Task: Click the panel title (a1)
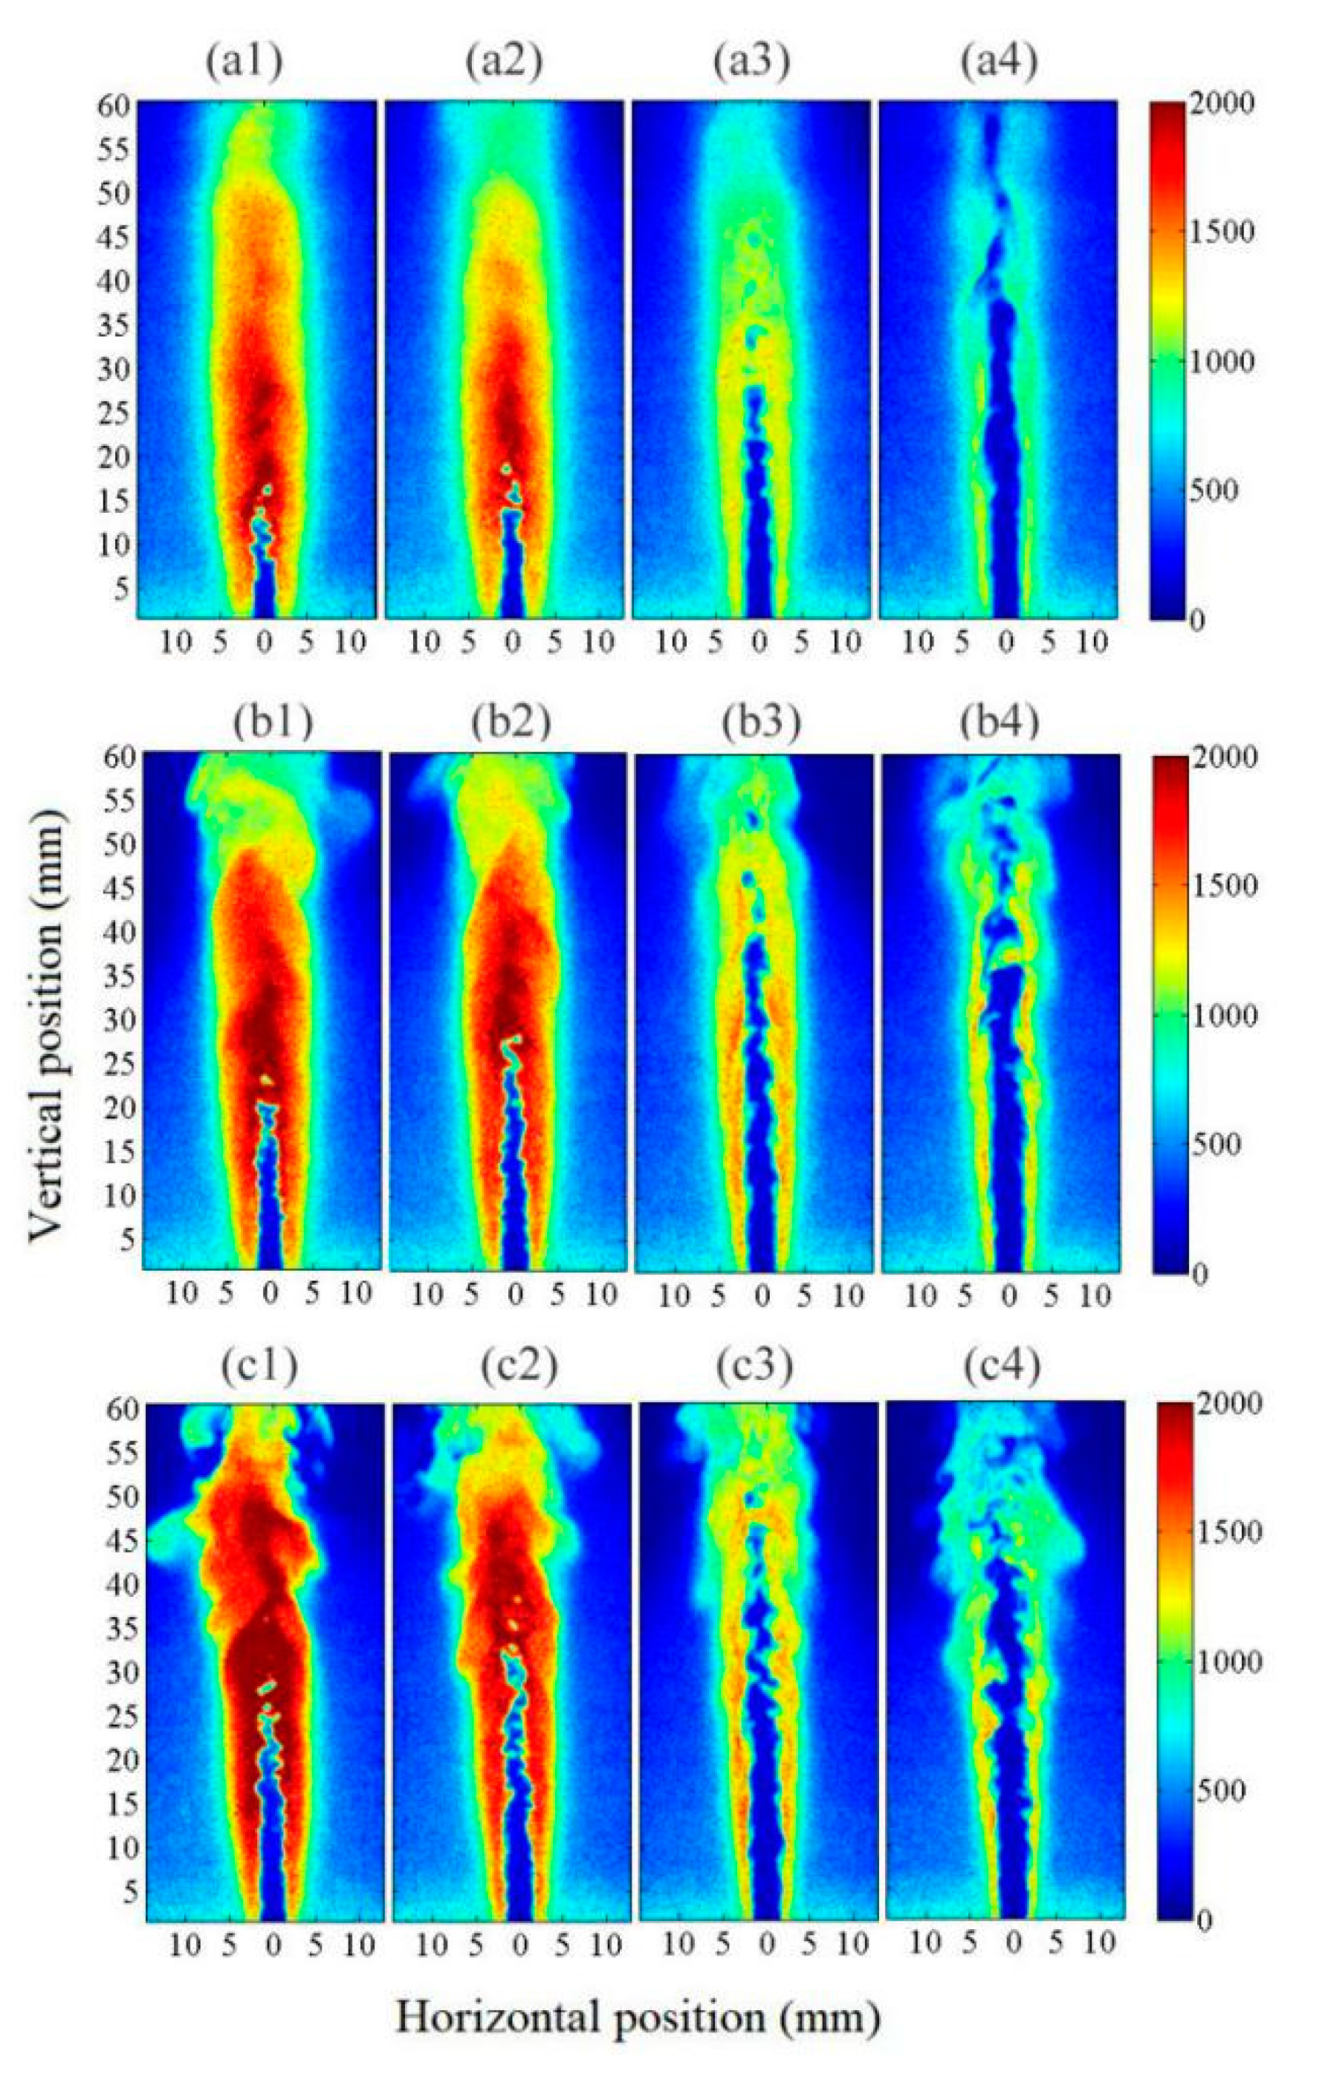pos(244,65)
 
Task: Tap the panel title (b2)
pos(511,719)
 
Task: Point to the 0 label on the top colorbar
pos(1196,619)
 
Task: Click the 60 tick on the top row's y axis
pos(115,106)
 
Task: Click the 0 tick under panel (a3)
pos(759,642)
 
